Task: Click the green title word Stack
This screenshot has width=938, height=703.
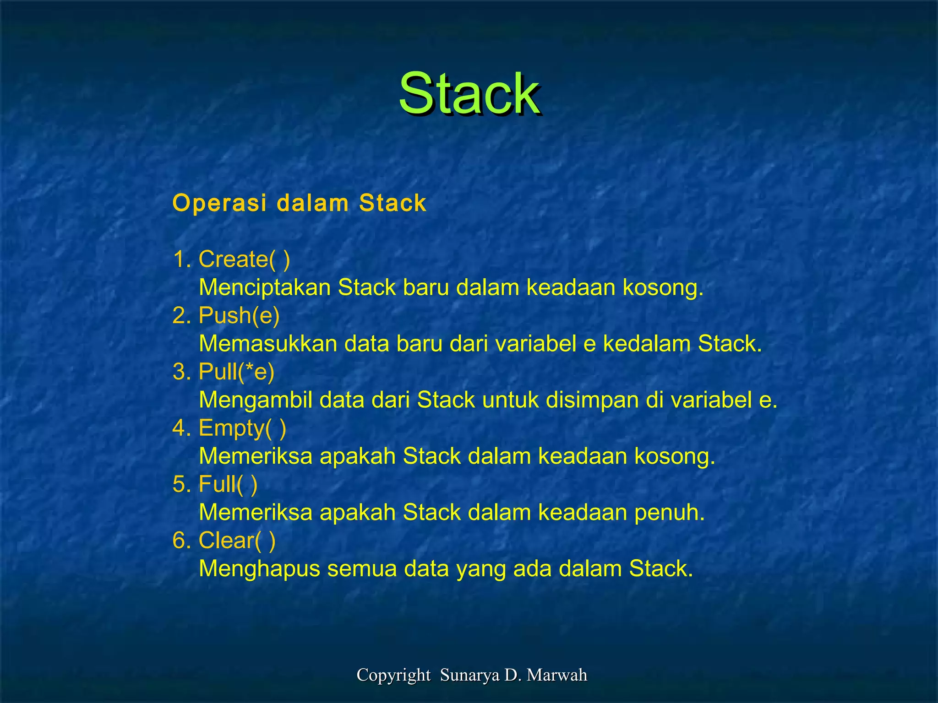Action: coord(469,94)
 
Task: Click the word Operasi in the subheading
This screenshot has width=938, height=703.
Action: coord(219,203)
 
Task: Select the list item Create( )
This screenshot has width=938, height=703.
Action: coord(244,260)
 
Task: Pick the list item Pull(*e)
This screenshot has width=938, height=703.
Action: coord(236,372)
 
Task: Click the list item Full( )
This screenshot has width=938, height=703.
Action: coord(228,484)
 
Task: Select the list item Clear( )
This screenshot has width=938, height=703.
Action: coord(237,541)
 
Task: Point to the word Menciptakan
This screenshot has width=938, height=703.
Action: coord(264,288)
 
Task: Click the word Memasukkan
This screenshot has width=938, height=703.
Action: coord(268,344)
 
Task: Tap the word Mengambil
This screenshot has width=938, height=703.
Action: coord(256,400)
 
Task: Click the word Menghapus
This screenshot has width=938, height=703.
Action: coord(259,569)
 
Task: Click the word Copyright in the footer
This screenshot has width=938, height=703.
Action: coord(393,675)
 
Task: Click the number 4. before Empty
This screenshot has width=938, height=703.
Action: coord(181,428)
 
